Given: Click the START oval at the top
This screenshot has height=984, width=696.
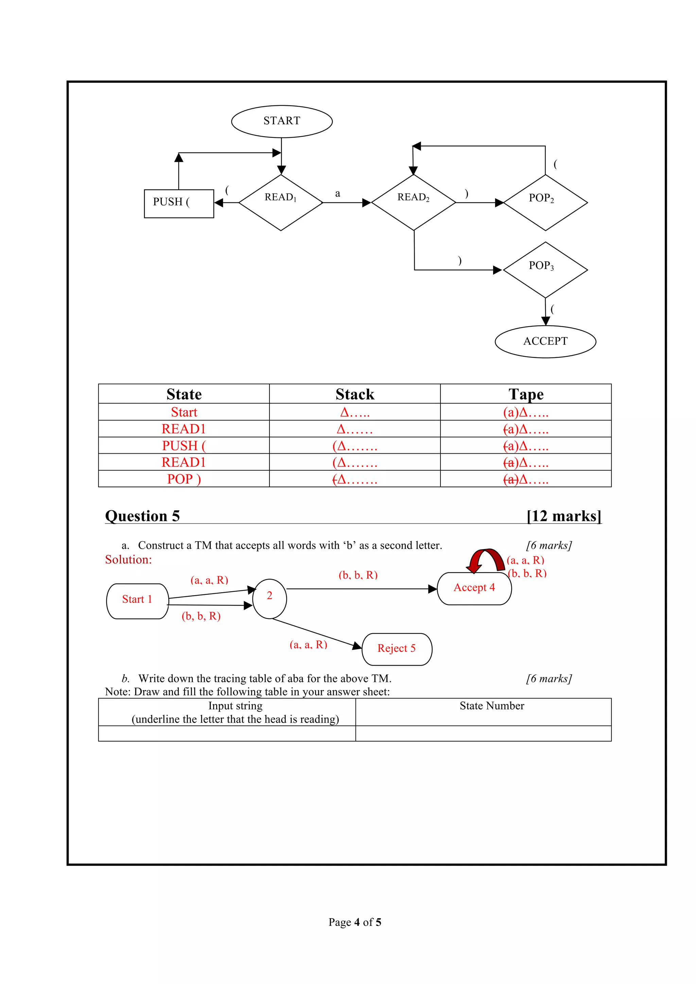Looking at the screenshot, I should (x=282, y=121).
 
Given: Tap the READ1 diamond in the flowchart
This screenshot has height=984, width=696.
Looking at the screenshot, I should (x=281, y=202).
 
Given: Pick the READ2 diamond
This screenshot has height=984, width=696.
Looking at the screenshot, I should (x=413, y=202).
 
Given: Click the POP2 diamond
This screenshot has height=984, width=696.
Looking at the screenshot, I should (x=545, y=202).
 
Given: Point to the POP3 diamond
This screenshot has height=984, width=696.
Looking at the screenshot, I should (x=545, y=270).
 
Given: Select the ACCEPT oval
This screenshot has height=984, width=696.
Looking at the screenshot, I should (x=545, y=342).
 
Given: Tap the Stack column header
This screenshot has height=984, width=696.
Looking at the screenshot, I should (x=355, y=394).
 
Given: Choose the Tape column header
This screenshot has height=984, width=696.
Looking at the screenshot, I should (x=526, y=394).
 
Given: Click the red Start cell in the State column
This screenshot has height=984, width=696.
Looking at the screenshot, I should (x=184, y=412).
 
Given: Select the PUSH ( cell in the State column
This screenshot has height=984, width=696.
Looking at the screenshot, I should (x=184, y=446).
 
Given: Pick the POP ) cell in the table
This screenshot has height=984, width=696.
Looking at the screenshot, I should (x=184, y=479).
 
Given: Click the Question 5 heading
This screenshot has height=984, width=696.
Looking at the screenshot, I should (x=142, y=516).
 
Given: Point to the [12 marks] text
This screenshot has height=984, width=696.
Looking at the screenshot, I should (x=564, y=516).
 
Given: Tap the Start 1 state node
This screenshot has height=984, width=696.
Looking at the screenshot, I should (x=137, y=601).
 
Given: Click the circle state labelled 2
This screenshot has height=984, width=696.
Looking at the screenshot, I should (x=269, y=599).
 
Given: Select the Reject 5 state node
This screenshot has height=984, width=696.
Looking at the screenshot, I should (x=397, y=649).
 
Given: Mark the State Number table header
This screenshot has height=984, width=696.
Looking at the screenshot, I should (x=491, y=706).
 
